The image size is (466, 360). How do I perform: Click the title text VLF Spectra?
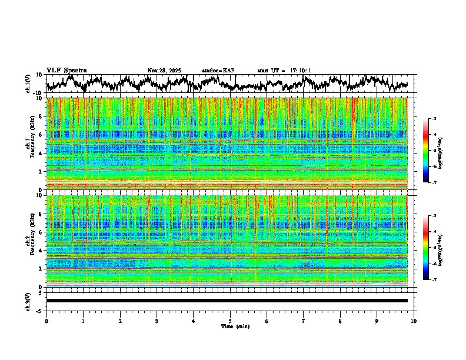coord(66,71)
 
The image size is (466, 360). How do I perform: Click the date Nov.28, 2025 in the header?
coord(165,71)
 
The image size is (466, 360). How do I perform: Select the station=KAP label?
coord(218,71)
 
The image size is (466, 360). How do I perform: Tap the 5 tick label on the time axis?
coord(230,321)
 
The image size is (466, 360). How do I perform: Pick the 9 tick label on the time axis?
coord(377,321)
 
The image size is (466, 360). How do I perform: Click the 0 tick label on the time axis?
coord(46,321)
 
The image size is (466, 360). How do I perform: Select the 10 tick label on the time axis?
coord(414,321)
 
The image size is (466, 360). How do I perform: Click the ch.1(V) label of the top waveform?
coord(28,84)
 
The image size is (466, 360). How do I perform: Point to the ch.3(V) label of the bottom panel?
coord(28,300)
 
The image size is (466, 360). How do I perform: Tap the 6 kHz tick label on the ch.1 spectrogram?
coord(40,135)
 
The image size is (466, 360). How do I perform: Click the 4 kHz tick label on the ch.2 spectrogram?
coord(40,251)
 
